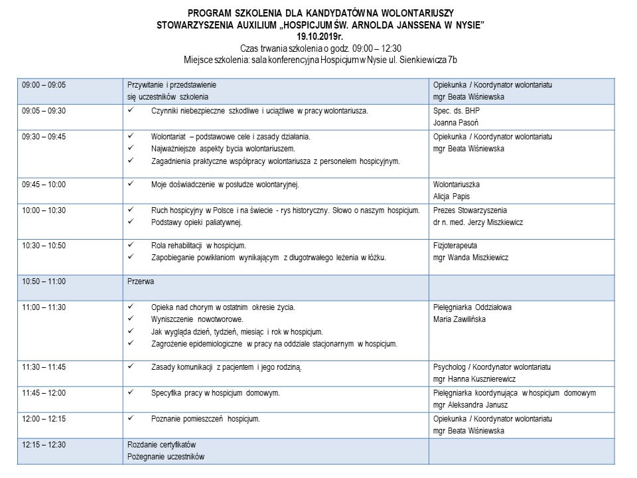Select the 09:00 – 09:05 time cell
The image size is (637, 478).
pos(44,85)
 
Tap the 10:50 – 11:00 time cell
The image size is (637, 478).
pos(44,281)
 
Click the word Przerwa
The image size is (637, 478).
pos(141,281)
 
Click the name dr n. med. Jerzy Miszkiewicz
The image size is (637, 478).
pos(478,222)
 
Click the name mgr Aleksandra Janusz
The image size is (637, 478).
pos(470,405)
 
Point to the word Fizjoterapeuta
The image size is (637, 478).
pos(455,245)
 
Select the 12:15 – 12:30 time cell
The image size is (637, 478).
pos(44,444)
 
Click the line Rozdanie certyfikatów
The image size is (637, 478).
pos(162,444)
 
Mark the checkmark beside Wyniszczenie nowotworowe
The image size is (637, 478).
pos(131,319)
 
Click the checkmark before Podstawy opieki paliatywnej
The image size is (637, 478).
pos(131,222)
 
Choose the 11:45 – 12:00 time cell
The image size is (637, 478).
pos(44,393)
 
